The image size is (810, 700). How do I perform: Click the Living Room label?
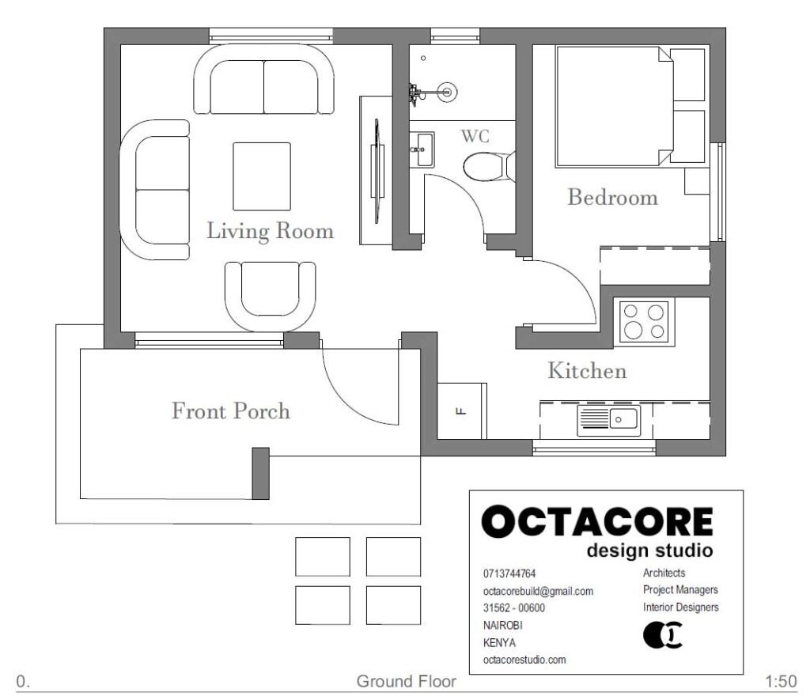click(270, 231)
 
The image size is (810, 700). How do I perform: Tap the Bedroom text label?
click(612, 197)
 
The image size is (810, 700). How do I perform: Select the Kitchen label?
click(587, 370)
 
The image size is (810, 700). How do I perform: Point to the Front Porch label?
click(231, 411)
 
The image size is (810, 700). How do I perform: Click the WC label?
click(475, 136)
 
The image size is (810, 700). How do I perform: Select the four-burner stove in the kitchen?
click(643, 321)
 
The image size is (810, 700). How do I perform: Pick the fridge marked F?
click(461, 410)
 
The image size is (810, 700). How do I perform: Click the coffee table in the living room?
click(262, 176)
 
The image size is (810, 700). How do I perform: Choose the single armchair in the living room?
click(270, 296)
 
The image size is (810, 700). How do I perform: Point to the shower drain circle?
click(448, 92)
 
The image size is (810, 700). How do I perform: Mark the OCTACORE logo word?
click(597, 523)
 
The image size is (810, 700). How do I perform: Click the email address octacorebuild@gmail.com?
click(538, 591)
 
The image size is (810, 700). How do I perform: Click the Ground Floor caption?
click(406, 681)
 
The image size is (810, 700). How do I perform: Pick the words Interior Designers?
click(680, 607)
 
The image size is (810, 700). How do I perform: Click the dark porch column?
click(260, 473)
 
